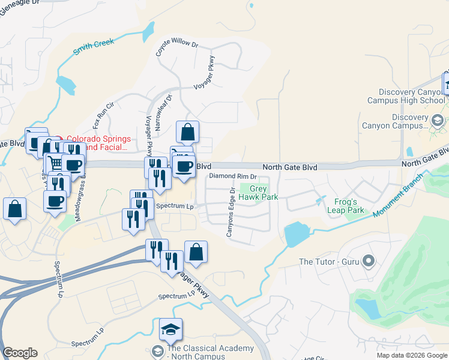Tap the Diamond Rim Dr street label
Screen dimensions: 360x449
[x=233, y=177]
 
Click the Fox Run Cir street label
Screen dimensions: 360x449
[x=103, y=122]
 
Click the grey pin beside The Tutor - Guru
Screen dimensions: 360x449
[x=369, y=261]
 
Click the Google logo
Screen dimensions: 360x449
[x=20, y=353]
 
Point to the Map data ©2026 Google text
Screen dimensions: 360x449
[x=411, y=355]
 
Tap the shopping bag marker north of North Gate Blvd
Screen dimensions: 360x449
[x=187, y=132]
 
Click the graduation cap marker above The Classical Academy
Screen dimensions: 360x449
[x=170, y=329]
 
